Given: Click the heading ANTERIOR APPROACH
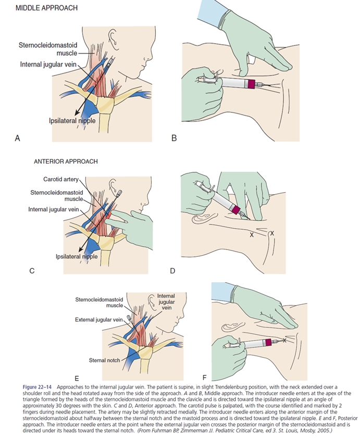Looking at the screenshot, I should coord(66,161).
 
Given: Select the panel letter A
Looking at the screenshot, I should coord(17,138).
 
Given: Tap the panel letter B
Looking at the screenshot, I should coord(174,138).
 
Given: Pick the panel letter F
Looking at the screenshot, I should coord(204,377).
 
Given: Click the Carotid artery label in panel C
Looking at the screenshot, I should coord(60,179).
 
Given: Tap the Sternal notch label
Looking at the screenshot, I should coord(105,360).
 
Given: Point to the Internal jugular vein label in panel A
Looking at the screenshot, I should coord(48,64).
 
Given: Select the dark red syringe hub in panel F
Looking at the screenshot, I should coord(269,342).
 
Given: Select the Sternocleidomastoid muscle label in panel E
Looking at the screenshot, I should coord(100,302).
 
